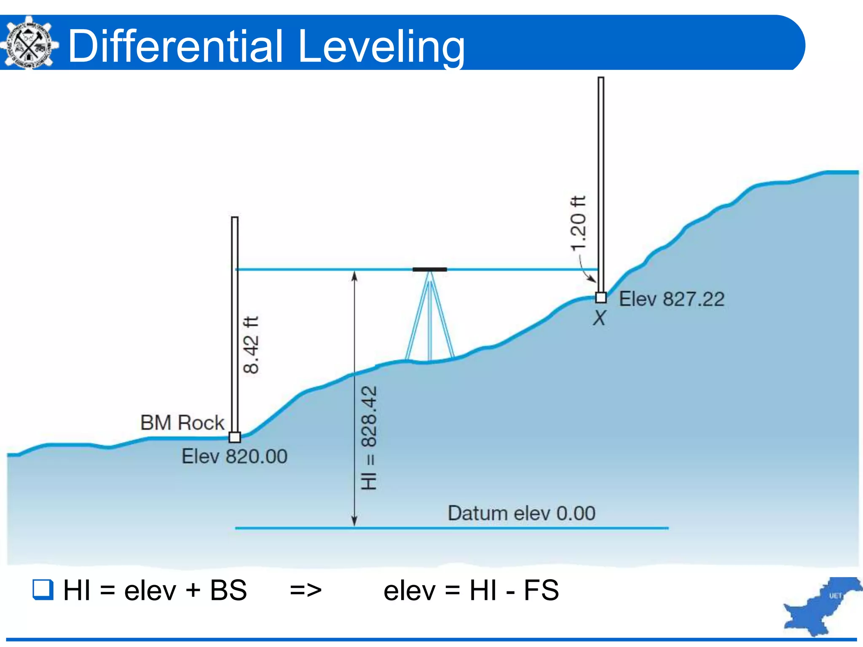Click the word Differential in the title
click(x=175, y=46)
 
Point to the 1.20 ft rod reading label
click(x=578, y=223)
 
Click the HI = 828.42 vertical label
click(x=369, y=438)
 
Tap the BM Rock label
click(x=182, y=422)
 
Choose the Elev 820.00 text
click(x=234, y=457)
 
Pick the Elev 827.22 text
click(x=672, y=299)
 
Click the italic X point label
click(x=599, y=318)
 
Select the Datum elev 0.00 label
click(x=521, y=513)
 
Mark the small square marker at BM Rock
click(x=235, y=437)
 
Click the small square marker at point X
click(x=601, y=297)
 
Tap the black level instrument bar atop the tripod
click(x=429, y=269)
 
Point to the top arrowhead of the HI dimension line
click(x=354, y=275)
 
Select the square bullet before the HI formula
click(x=43, y=589)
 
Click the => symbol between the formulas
click(x=306, y=590)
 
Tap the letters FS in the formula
click(x=541, y=590)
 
